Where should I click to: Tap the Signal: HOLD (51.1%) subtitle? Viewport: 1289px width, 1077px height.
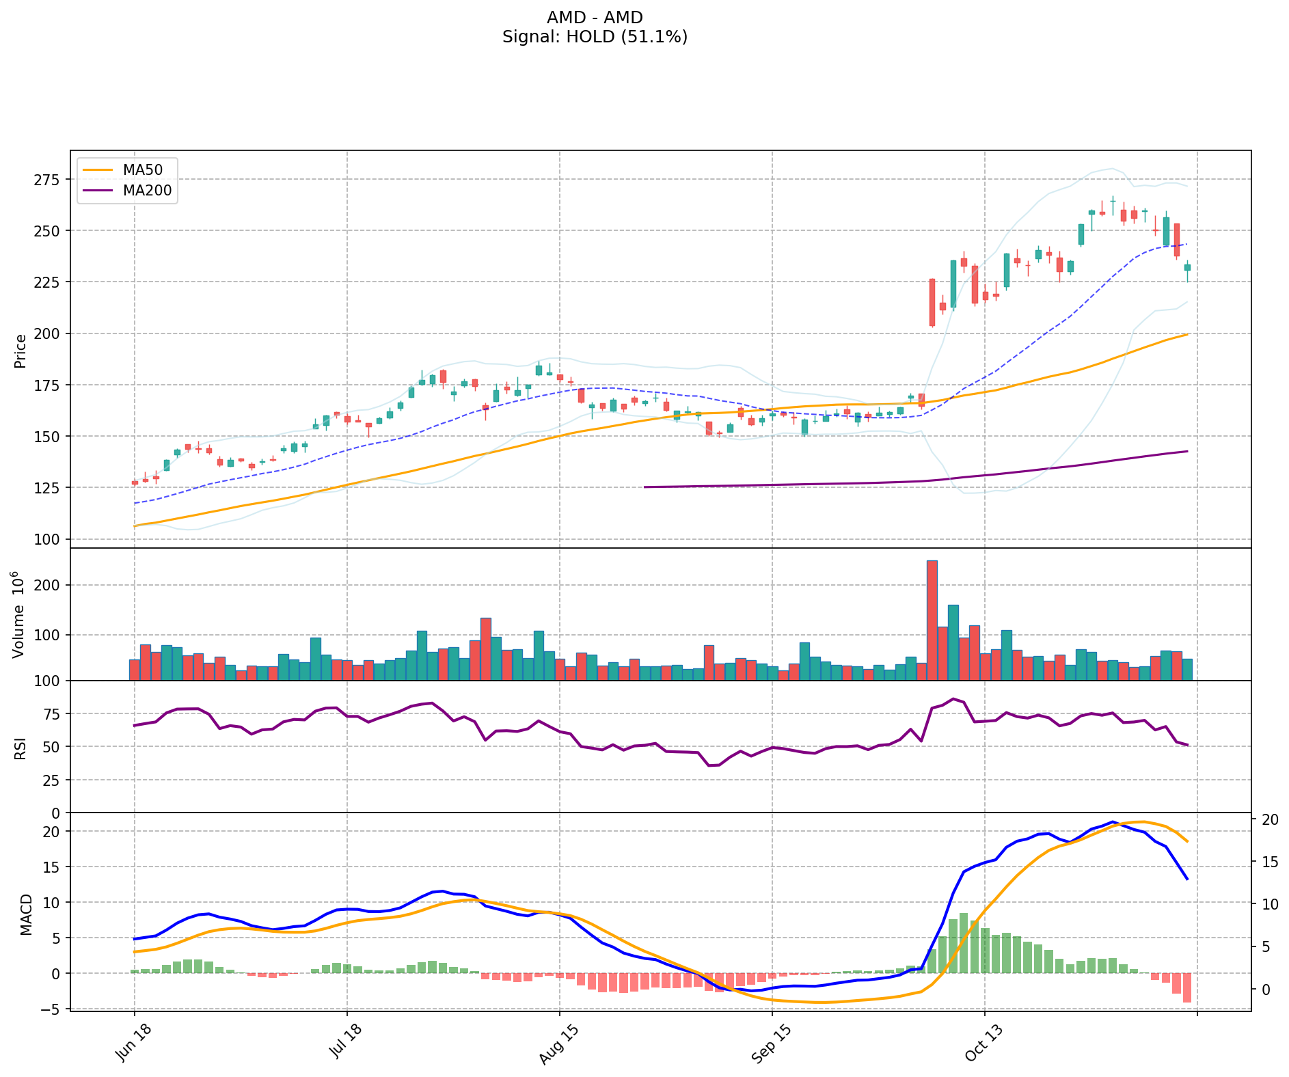(595, 37)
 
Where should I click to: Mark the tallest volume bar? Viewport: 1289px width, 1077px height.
(932, 620)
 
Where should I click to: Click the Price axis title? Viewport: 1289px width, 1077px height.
(21, 351)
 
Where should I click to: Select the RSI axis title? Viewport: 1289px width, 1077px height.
(21, 748)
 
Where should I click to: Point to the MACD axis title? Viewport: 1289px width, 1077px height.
(26, 914)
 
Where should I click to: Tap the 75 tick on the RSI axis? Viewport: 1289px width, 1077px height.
(51, 714)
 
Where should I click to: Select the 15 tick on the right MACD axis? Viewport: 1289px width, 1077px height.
(1269, 862)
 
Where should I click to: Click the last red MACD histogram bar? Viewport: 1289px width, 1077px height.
(1187, 987)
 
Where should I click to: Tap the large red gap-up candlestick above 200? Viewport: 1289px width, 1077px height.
(932, 302)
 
